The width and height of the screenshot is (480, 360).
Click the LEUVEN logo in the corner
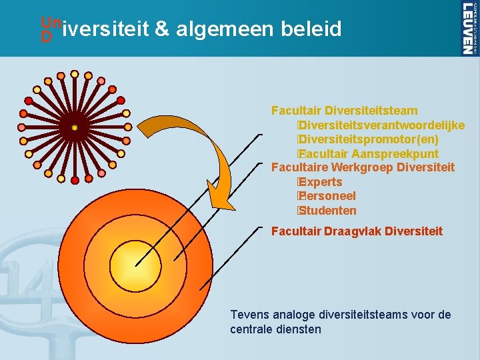click(469, 27)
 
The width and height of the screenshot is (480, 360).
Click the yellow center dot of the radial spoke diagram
click(75, 127)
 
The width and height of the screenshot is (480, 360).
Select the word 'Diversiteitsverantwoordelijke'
click(382, 125)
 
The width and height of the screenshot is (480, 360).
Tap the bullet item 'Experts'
click(321, 182)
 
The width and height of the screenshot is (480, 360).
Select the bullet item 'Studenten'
click(327, 211)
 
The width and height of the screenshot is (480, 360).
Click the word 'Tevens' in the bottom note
click(247, 315)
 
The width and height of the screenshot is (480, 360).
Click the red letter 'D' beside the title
click(46, 38)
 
